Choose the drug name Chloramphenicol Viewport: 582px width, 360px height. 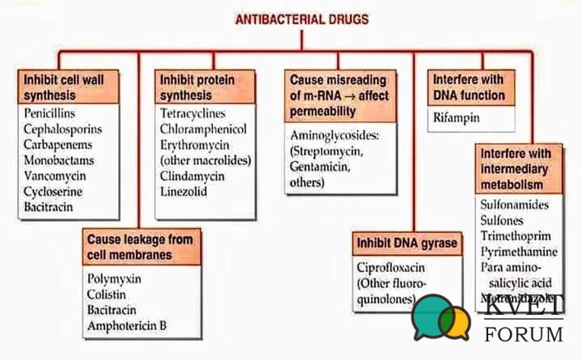pyautogui.click(x=203, y=129)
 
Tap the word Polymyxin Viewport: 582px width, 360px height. pyautogui.click(x=114, y=278)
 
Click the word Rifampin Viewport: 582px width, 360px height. pyautogui.click(x=456, y=118)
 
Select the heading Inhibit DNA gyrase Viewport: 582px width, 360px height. pyautogui.click(x=407, y=244)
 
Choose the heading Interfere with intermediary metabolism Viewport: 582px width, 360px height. pyautogui.click(x=517, y=169)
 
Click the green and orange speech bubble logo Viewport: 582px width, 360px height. pyautogui.click(x=441, y=316)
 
